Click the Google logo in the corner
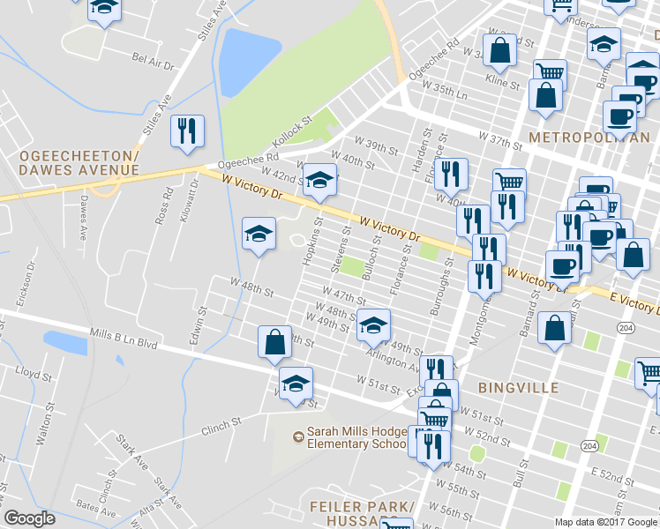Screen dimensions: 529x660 pos(29,518)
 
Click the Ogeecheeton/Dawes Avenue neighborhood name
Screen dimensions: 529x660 pos(79,163)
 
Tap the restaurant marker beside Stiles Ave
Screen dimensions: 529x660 pos(187,131)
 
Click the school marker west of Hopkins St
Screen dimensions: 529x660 pos(258,234)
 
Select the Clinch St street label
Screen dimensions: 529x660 pos(221,426)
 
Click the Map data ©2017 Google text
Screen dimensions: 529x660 pos(606,522)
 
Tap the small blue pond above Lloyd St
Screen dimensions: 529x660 pos(65,342)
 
